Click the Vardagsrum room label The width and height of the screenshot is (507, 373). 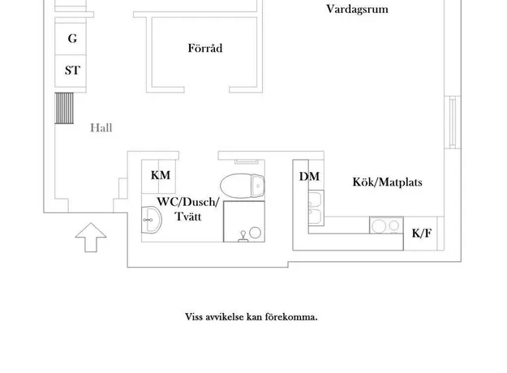(x=357, y=10)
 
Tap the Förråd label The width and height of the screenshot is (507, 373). (x=205, y=48)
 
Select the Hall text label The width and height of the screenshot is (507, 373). (x=101, y=128)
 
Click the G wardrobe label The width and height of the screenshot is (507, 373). (x=72, y=38)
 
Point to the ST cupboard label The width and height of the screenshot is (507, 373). (x=72, y=71)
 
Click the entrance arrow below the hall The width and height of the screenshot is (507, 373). (x=91, y=238)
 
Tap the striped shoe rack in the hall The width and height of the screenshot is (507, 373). (x=64, y=109)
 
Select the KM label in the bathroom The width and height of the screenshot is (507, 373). (x=161, y=175)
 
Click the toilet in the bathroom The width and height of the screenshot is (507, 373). (x=243, y=186)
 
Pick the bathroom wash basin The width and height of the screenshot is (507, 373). (x=152, y=220)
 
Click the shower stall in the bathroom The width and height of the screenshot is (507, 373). (x=244, y=221)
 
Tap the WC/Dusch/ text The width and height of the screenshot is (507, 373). (x=188, y=202)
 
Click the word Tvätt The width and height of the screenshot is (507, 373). (x=188, y=217)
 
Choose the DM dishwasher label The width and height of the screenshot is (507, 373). (x=309, y=177)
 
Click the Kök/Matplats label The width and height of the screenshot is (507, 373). (x=388, y=182)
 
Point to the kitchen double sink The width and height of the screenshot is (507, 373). (x=316, y=208)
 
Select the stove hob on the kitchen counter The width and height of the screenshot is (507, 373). (x=386, y=225)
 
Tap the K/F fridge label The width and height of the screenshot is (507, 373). (x=422, y=234)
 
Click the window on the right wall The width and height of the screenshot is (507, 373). (x=453, y=122)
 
